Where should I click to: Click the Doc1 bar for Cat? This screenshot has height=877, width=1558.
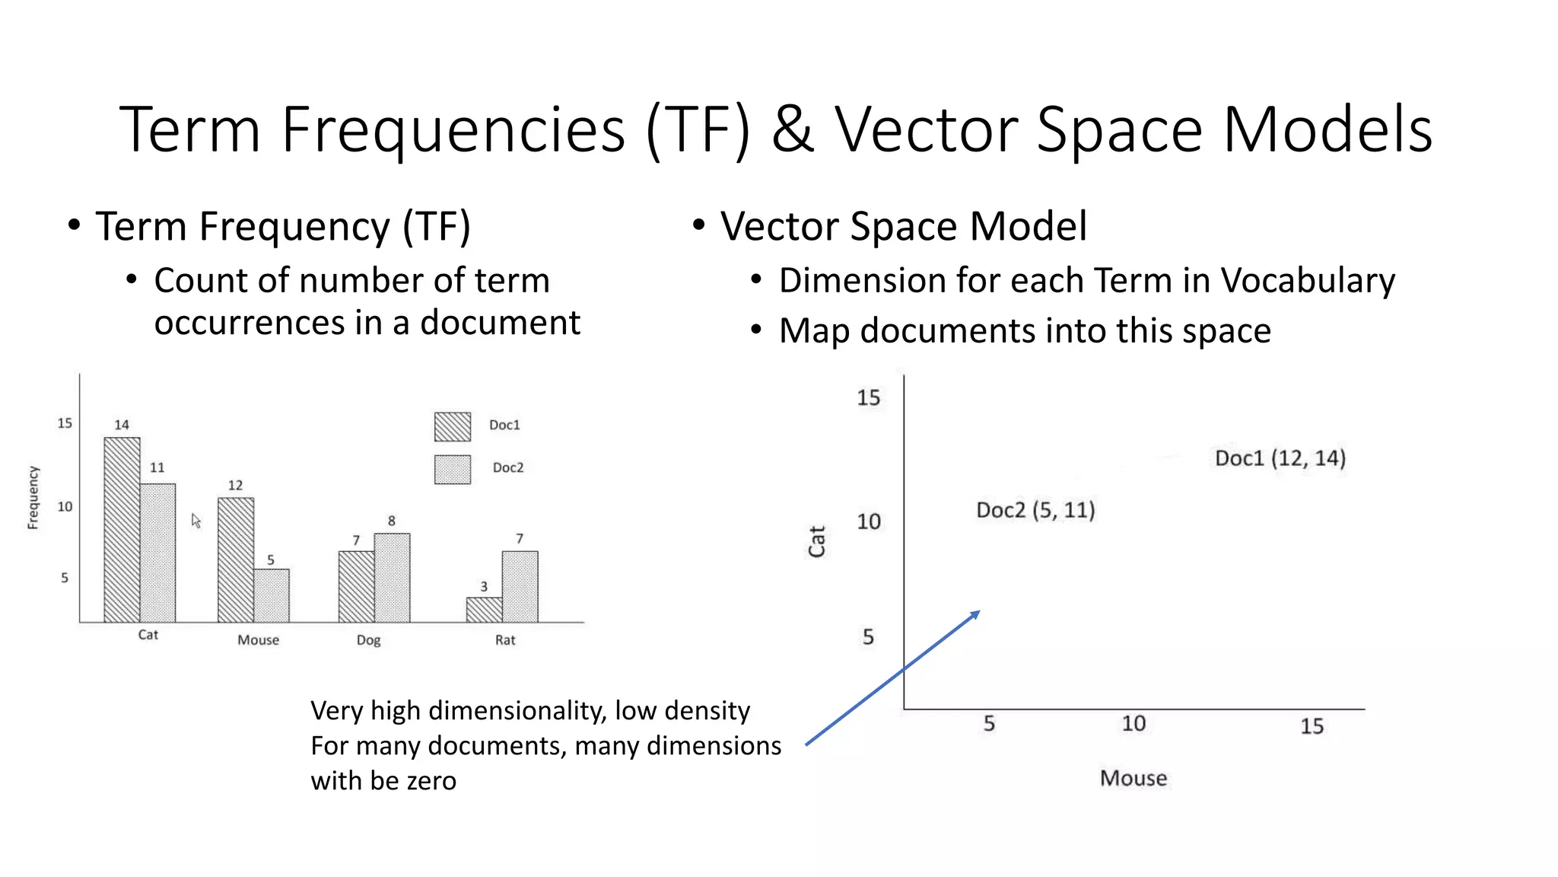click(x=122, y=530)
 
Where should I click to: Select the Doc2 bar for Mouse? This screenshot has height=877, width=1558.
click(x=272, y=595)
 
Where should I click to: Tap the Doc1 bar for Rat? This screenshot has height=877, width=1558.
click(x=484, y=610)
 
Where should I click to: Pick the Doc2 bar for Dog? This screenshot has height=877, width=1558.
click(x=392, y=578)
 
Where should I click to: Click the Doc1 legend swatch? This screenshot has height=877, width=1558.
click(x=453, y=426)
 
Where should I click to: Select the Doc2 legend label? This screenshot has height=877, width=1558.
click(x=507, y=467)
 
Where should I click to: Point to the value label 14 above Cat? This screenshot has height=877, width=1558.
click(x=122, y=425)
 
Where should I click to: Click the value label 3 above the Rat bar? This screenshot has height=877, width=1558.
click(x=484, y=586)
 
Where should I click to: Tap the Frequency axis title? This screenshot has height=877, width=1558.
click(x=33, y=498)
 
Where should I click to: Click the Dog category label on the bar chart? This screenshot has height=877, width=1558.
click(x=368, y=640)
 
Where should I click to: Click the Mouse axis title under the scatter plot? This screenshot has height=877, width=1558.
click(x=1133, y=778)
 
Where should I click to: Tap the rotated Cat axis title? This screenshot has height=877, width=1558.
click(x=816, y=541)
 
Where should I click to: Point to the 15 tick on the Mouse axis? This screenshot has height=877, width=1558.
click(x=1312, y=726)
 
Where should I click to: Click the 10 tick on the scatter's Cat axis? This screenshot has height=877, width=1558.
click(x=869, y=522)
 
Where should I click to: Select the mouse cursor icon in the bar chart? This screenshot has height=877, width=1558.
click(x=196, y=521)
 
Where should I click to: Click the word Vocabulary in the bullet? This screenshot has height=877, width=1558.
click(x=1308, y=281)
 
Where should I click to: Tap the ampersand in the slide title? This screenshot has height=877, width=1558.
click(x=792, y=130)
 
